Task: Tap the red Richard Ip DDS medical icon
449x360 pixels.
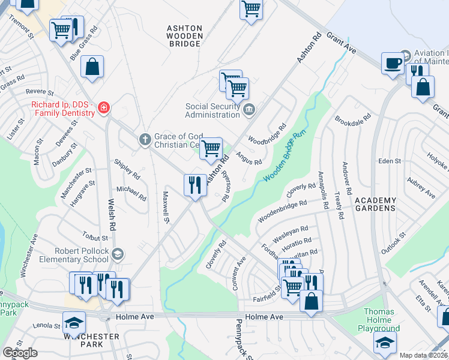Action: click(x=104, y=108)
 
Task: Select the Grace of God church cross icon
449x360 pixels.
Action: click(x=145, y=140)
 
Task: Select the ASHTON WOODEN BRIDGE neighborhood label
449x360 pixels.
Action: click(x=184, y=36)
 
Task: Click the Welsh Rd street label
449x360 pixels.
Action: click(x=112, y=215)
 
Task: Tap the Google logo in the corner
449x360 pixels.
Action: click(x=20, y=352)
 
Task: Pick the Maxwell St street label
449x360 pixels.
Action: click(x=166, y=205)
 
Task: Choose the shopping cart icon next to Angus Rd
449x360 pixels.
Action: click(x=211, y=148)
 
